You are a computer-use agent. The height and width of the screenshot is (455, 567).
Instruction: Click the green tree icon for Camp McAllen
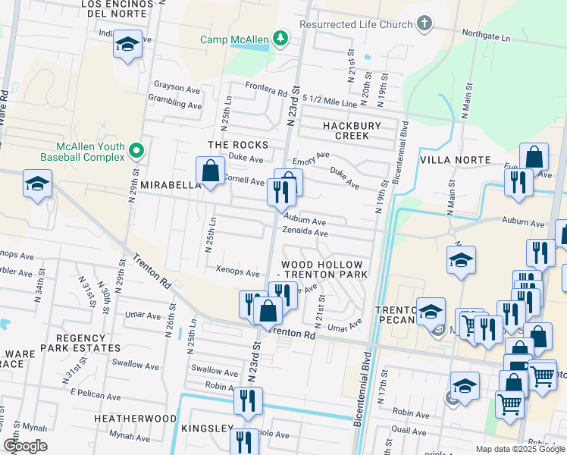pyautogui.click(x=280, y=38)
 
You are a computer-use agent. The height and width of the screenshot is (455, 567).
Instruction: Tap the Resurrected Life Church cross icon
pyautogui.click(x=424, y=24)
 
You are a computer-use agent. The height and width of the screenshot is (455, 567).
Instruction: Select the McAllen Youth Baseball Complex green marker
pyautogui.click(x=137, y=151)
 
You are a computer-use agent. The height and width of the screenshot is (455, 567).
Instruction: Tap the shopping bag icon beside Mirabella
pyautogui.click(x=210, y=171)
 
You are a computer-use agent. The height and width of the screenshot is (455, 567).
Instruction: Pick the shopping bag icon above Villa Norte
pyautogui.click(x=534, y=157)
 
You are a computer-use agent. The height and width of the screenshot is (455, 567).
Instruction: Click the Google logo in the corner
pyautogui.click(x=25, y=446)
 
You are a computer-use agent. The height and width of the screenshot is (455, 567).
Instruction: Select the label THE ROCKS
pyautogui.click(x=239, y=145)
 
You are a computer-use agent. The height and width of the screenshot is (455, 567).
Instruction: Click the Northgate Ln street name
pyautogui.click(x=487, y=35)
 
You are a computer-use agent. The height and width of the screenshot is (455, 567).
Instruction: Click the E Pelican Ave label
pyautogui.click(x=96, y=396)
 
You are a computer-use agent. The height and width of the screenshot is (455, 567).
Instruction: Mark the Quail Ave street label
pyautogui.click(x=409, y=429)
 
